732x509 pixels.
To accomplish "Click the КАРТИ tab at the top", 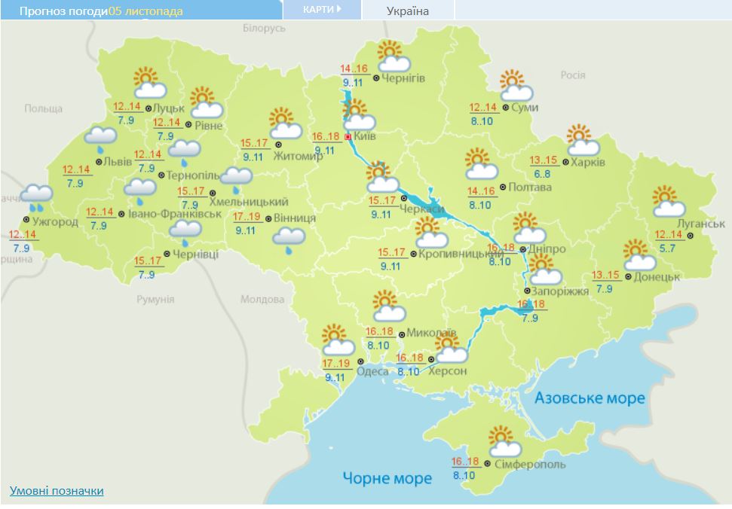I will [321, 10].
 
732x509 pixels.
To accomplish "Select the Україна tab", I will [407, 11].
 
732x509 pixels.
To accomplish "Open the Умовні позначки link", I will [57, 491].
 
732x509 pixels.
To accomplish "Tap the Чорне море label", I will [387, 478].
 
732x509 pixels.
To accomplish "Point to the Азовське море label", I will [590, 398].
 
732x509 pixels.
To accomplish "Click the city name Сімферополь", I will [530, 465].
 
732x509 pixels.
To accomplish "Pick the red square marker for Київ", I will [347, 137].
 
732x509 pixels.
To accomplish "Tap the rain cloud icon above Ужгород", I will [35, 197].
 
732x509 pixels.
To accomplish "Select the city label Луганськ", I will [700, 224].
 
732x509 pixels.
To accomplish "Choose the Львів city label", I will [118, 163].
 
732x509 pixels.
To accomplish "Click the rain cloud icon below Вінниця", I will [288, 240].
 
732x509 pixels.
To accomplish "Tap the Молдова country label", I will [262, 299].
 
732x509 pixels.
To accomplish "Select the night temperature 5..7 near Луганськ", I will [666, 248].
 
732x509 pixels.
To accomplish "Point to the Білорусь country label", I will [264, 28].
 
